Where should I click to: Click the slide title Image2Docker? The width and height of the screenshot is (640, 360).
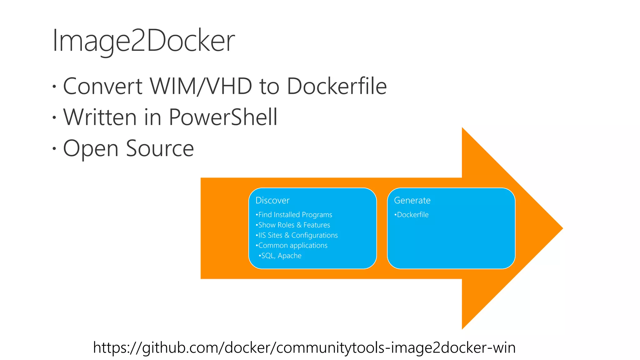tap(143, 41)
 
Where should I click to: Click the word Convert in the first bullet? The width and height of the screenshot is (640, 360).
tap(103, 86)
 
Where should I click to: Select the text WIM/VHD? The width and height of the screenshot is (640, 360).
tap(201, 86)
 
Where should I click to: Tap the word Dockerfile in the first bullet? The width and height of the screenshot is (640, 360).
tap(337, 86)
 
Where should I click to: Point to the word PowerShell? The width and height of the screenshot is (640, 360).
tap(223, 117)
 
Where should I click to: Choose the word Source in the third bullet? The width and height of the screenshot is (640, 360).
tap(160, 148)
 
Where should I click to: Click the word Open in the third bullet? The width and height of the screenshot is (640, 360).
tap(91, 149)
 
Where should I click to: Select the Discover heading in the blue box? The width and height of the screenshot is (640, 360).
tap(272, 200)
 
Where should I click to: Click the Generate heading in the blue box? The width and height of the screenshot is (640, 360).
tap(412, 200)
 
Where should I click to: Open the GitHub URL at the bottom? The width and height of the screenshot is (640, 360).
tap(304, 347)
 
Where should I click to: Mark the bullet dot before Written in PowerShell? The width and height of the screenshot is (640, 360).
tap(54, 117)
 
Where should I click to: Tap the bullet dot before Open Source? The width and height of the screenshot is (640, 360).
tap(54, 148)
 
